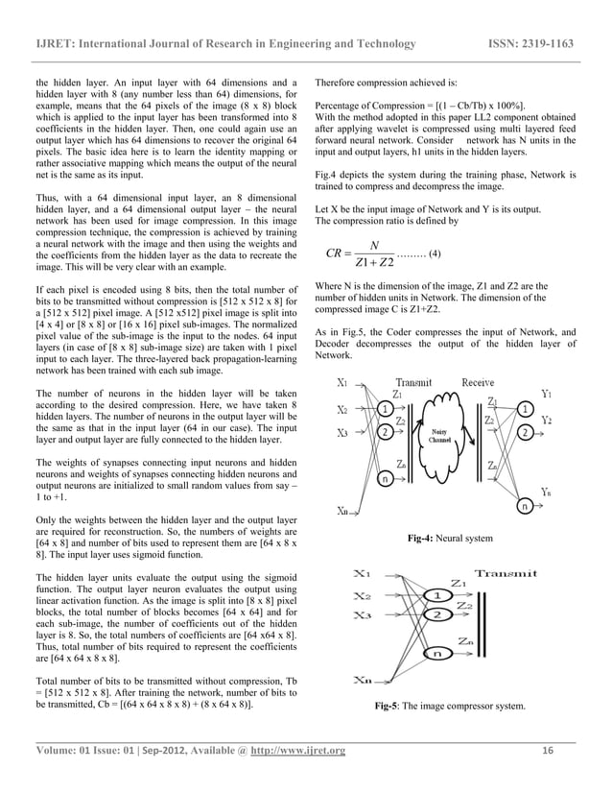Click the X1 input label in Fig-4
click(x=342, y=382)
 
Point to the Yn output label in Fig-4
click(x=546, y=492)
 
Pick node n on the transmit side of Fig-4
click(x=386, y=477)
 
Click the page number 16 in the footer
click(x=548, y=750)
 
